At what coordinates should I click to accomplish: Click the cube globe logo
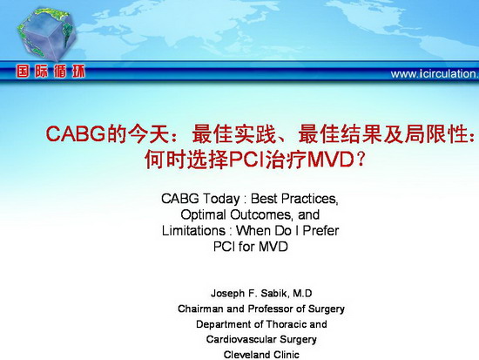(x=46, y=35)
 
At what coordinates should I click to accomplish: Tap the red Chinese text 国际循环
(x=51, y=71)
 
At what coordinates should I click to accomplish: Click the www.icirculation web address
(x=435, y=74)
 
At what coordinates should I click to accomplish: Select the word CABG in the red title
(x=76, y=133)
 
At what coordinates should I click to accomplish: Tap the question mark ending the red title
(x=361, y=160)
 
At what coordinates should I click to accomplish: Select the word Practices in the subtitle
(x=309, y=199)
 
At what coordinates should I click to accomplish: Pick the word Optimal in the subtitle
(x=203, y=215)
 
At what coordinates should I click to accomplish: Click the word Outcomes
(x=261, y=214)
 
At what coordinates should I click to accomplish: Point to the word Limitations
(x=193, y=231)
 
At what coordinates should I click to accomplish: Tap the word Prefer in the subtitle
(x=320, y=231)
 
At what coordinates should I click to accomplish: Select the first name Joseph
(x=227, y=294)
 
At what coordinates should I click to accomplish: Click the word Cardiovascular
(x=241, y=339)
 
